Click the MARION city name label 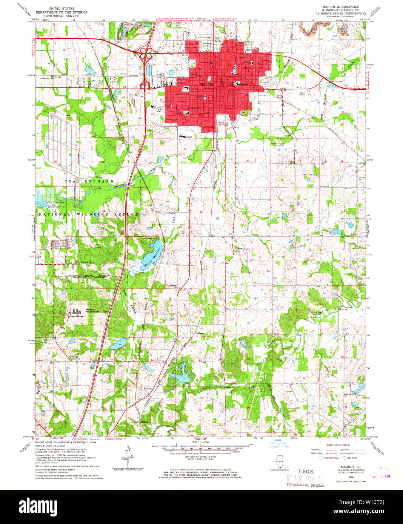[x=207, y=84]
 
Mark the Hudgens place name [x=200, y=333]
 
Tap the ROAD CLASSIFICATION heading [x=338, y=445]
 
